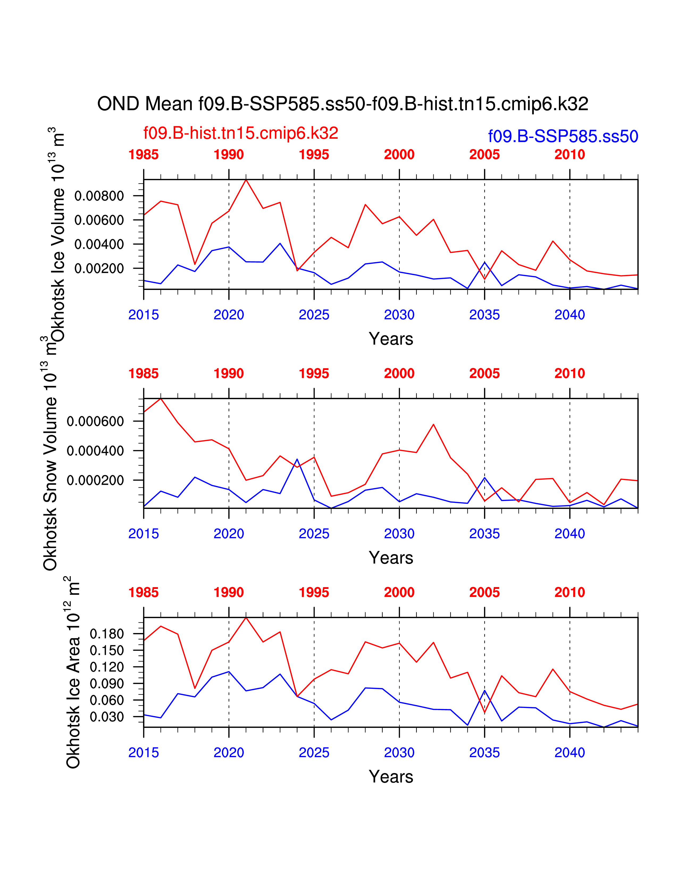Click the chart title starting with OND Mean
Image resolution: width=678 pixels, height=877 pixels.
(343, 104)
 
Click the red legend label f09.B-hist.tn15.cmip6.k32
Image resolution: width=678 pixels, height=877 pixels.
(241, 133)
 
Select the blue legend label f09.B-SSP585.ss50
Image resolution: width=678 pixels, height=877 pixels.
(563, 137)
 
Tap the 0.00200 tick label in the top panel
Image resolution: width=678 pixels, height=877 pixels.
(99, 268)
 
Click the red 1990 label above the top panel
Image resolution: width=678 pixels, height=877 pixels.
(229, 155)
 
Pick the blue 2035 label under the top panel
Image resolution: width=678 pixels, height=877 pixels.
(484, 315)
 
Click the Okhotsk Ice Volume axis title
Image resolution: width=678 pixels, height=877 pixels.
(57, 235)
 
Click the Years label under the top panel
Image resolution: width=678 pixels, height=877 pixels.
(391, 339)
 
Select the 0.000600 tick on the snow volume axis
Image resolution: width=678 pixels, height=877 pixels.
(95, 421)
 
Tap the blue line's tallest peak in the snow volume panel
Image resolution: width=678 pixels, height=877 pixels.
(297, 459)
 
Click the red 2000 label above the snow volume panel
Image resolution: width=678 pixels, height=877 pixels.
(399, 373)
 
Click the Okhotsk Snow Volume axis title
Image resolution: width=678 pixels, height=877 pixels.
(50, 454)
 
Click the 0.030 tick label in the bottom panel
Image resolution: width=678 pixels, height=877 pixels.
(107, 716)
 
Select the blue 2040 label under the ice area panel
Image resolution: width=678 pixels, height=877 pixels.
(570, 753)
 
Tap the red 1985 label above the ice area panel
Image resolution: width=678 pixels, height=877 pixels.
(143, 592)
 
